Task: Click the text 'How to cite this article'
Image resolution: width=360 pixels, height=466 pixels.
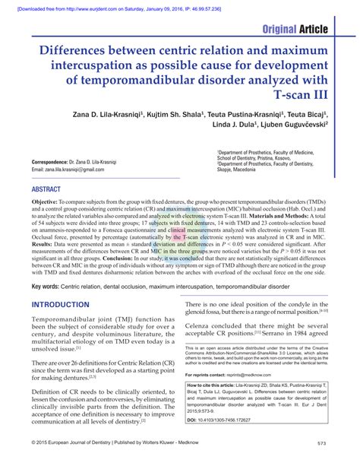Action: (x=219, y=387)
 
